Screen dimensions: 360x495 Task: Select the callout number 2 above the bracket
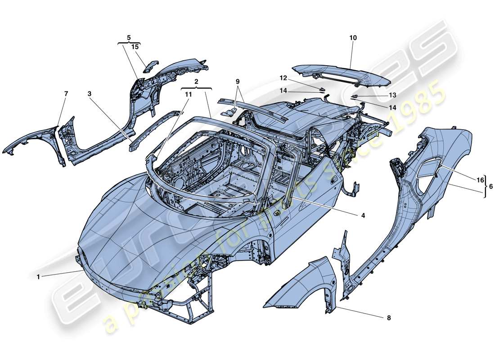coord(196,82)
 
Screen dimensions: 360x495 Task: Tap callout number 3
coord(90,94)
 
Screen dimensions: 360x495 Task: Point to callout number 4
coord(362,216)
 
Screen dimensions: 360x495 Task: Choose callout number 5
coord(129,38)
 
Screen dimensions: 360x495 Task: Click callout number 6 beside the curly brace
coord(490,185)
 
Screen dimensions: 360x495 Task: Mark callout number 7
coord(66,94)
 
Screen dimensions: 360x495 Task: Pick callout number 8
coord(389,318)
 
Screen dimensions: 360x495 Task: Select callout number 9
coord(238,82)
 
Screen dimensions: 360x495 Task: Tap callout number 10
coord(353,38)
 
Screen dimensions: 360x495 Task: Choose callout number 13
coord(380,95)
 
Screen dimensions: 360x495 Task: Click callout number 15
coord(135,46)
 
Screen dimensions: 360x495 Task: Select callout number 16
coord(480,180)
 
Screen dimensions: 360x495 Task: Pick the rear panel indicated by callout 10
coord(342,74)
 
